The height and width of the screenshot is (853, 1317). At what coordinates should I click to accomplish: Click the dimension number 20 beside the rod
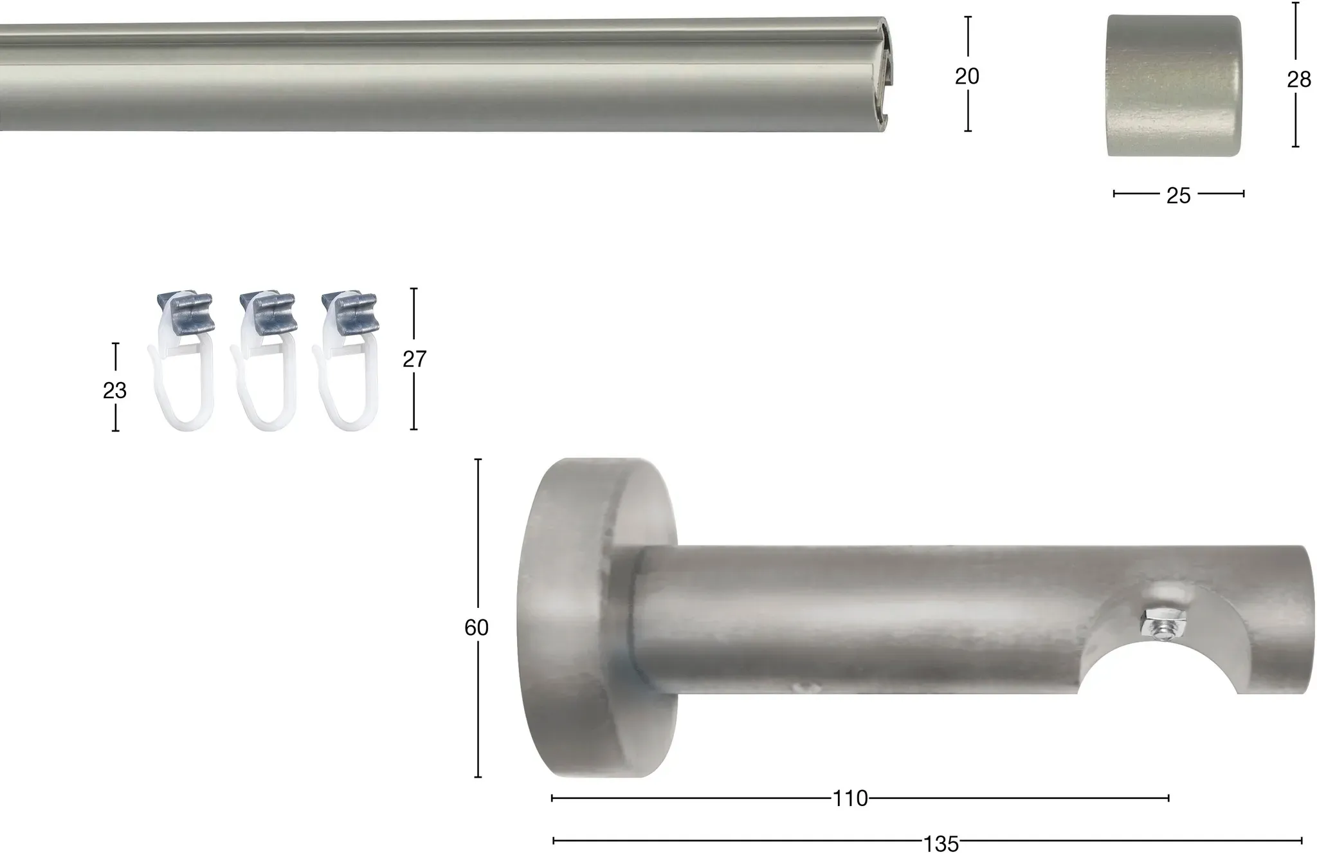pos(967,76)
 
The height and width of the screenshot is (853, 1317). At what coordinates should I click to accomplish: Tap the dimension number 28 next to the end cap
pos(1298,80)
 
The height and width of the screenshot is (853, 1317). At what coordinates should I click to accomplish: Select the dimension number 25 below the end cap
pos(1178,196)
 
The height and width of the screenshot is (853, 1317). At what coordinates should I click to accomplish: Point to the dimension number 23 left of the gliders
pos(114,390)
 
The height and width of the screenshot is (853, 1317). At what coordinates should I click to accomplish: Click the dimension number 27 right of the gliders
pos(414,359)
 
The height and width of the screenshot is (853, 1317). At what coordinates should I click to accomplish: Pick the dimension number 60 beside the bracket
pos(477,627)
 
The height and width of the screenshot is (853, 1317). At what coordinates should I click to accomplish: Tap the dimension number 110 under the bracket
pos(850,799)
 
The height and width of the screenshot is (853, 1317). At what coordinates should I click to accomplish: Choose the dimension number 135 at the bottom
pos(941,843)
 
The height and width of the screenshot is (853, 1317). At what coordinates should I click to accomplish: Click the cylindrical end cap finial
pos(1174,86)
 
